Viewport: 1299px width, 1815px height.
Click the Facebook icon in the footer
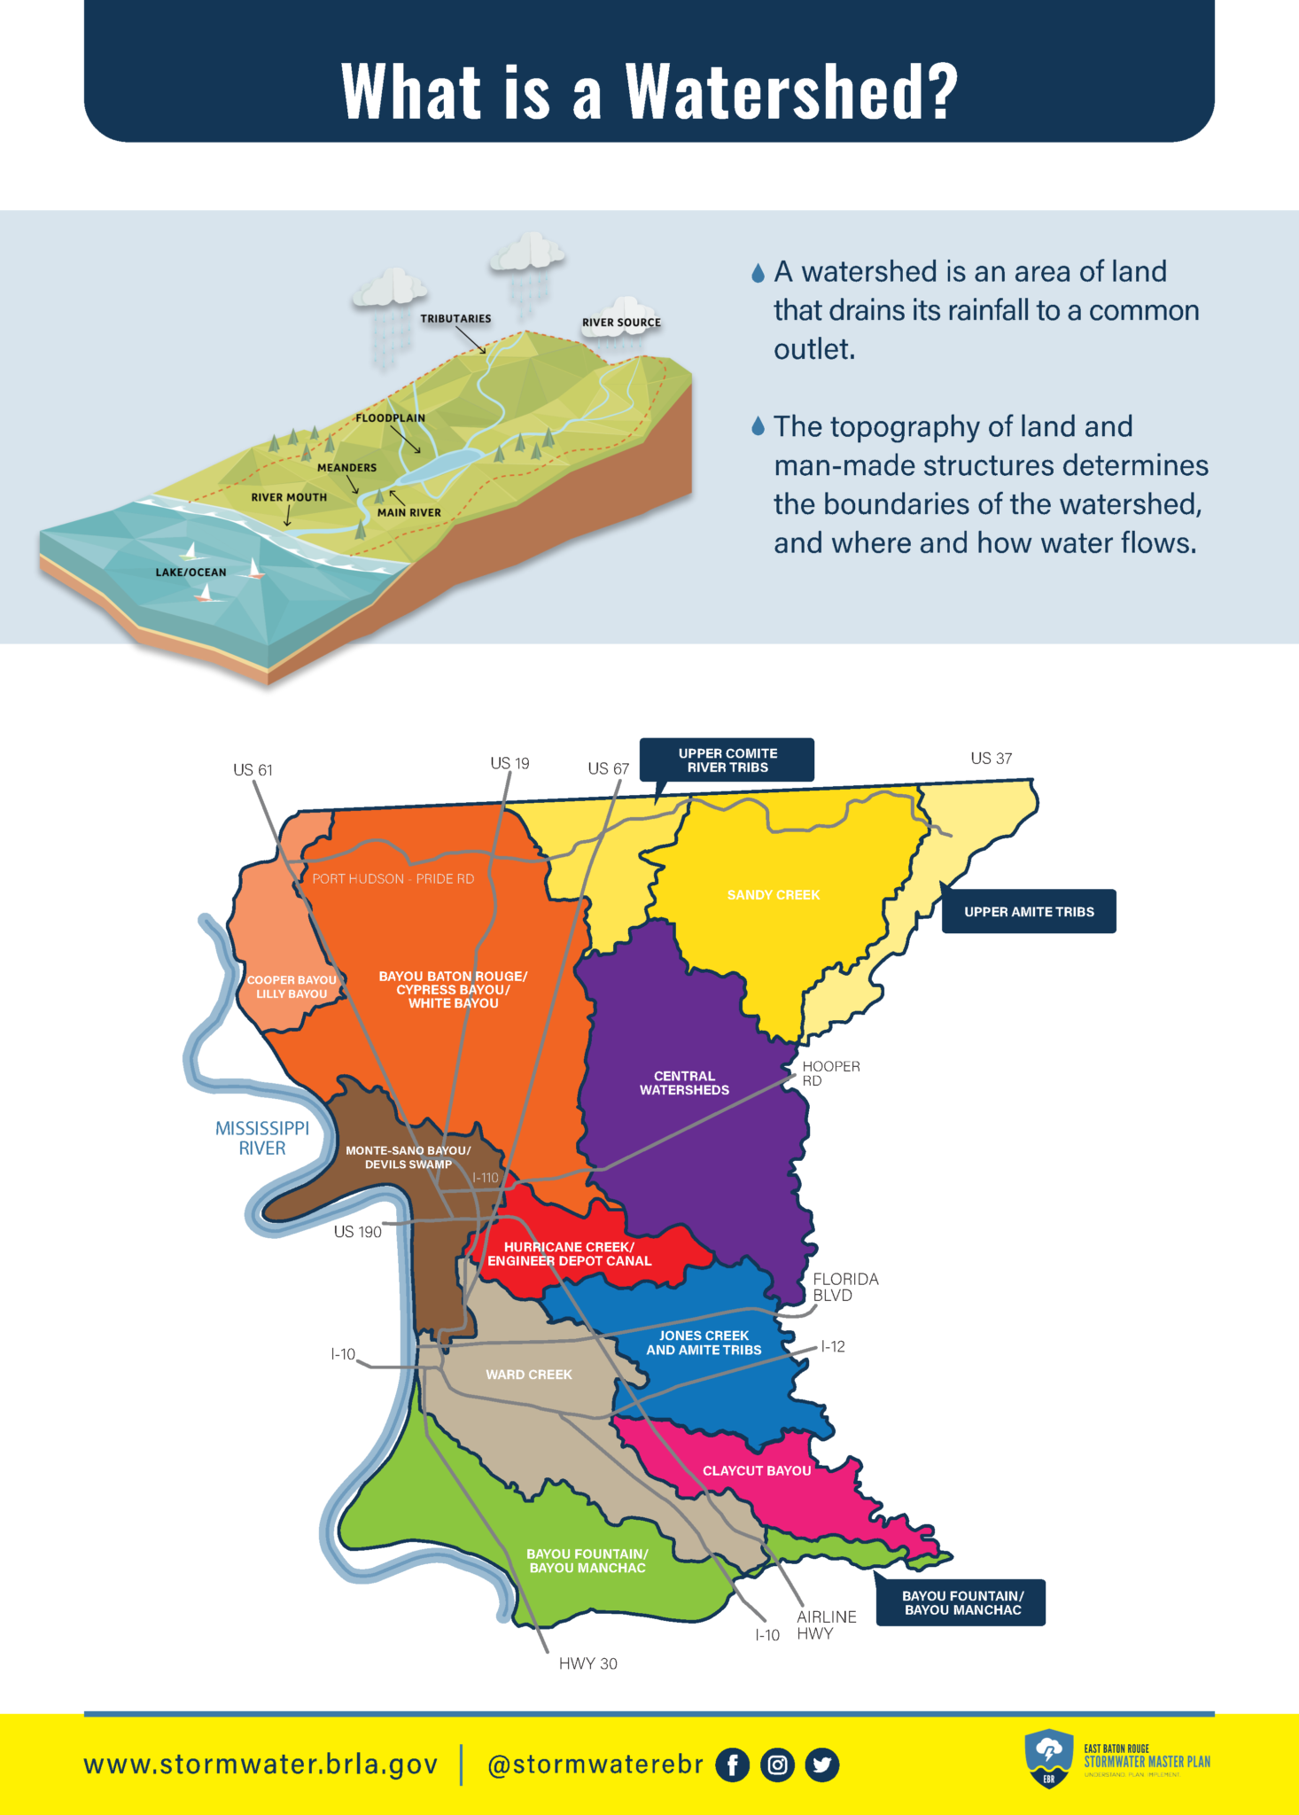tap(732, 1764)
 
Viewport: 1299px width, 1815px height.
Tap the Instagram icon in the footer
tap(777, 1764)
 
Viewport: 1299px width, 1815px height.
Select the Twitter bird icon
tap(822, 1764)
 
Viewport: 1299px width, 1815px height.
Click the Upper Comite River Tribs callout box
tap(727, 760)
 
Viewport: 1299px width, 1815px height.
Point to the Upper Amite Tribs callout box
tap(1029, 912)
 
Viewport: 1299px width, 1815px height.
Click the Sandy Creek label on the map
tap(774, 895)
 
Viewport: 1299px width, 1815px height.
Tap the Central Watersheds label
tap(684, 1083)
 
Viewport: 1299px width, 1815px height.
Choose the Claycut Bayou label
tap(757, 1471)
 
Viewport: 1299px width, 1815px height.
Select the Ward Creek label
tap(529, 1375)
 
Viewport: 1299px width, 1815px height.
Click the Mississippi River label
tap(262, 1138)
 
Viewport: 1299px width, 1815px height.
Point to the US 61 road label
tap(253, 770)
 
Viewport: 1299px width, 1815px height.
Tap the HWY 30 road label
tap(587, 1664)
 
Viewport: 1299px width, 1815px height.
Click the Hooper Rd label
tap(830, 1073)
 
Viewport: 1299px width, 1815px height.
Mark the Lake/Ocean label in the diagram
tap(191, 573)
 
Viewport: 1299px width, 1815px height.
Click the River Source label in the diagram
tap(621, 323)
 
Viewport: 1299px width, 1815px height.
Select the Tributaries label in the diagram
tap(455, 319)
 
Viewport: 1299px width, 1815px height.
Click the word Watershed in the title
tap(791, 91)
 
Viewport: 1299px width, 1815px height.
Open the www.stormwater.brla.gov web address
tap(261, 1764)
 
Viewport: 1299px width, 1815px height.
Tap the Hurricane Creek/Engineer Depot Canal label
tap(569, 1254)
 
